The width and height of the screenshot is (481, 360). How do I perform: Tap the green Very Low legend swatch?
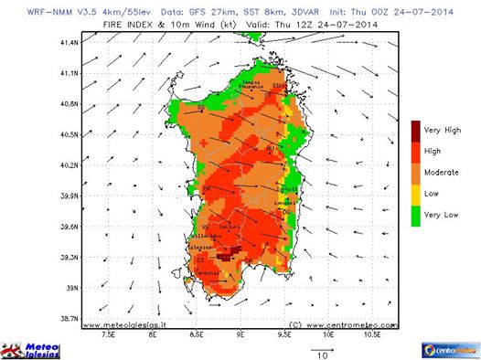pos(416,216)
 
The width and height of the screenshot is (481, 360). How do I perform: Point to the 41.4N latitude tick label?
pos(69,42)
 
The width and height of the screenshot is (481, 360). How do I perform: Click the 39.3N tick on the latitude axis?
pos(69,258)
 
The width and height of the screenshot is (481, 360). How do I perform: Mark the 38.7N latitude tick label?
pos(69,319)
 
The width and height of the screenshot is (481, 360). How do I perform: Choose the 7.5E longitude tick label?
pos(109,334)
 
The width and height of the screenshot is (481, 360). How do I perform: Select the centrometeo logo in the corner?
pos(446,349)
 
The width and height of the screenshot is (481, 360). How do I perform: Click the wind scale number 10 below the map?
pos(321,357)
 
